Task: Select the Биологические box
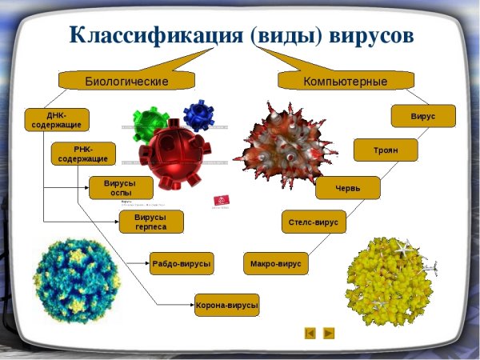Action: (x=126, y=81)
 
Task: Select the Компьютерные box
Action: (x=346, y=81)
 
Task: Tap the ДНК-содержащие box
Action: (x=57, y=119)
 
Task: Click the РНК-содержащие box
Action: (x=83, y=154)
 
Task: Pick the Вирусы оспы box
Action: (x=121, y=188)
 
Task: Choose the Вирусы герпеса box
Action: (x=151, y=222)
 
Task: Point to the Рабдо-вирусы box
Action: (x=182, y=262)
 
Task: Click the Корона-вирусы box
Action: (x=227, y=305)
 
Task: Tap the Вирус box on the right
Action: (x=423, y=116)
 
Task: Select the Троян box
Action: (x=386, y=150)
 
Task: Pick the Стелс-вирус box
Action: (x=314, y=222)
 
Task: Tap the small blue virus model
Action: (x=198, y=114)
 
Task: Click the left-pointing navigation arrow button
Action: (x=310, y=333)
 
